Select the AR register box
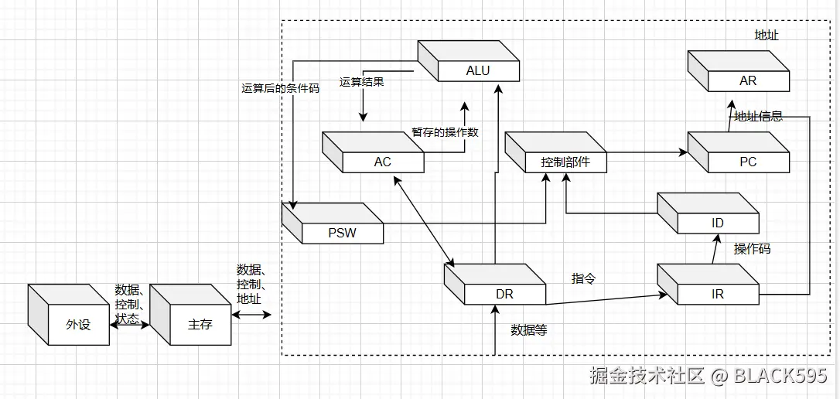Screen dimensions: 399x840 pos(747,80)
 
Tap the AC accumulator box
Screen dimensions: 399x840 pos(382,162)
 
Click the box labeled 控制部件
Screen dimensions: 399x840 pos(565,162)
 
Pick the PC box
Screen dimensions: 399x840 pos(747,162)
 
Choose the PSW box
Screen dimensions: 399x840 pos(341,232)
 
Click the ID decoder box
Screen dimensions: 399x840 pos(717,223)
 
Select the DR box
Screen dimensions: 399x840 pos(504,294)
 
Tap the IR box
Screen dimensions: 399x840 pos(717,294)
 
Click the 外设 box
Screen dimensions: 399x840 pos(77,324)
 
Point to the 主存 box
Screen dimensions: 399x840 pos(199,324)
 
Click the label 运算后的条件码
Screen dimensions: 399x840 pos(280,88)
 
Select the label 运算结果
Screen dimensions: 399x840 pos(361,82)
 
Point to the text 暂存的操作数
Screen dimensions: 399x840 pos(445,132)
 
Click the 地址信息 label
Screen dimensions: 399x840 pos(758,117)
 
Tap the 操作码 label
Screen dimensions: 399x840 pos(752,249)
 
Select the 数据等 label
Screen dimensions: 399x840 pos(529,330)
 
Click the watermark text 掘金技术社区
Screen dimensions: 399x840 pos(647,377)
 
